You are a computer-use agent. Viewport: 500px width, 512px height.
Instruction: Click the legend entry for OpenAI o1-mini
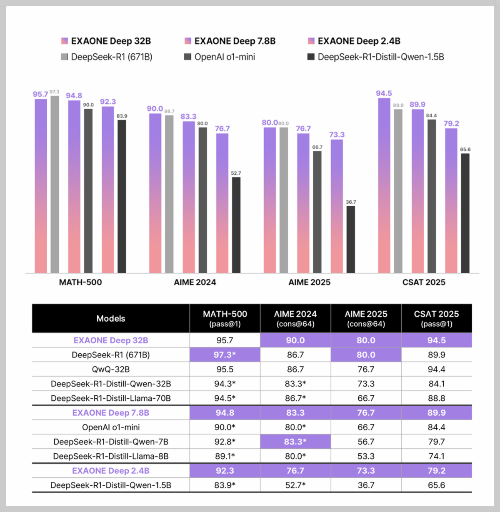click(220, 57)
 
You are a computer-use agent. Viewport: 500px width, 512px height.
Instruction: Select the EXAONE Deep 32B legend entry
click(106, 41)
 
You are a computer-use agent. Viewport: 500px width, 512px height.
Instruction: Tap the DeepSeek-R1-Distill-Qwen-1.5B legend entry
click(375, 57)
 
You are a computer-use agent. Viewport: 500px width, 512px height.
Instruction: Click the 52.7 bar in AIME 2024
click(236, 225)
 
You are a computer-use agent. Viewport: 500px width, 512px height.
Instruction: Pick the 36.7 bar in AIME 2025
click(350, 240)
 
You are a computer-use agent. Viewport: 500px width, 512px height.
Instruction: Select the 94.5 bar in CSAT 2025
click(384, 185)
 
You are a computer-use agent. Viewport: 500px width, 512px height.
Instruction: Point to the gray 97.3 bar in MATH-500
click(55, 185)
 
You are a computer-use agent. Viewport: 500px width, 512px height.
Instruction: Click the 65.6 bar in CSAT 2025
click(465, 213)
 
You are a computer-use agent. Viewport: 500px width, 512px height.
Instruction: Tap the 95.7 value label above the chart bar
click(40, 94)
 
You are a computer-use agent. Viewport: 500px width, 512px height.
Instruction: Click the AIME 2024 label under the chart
click(195, 282)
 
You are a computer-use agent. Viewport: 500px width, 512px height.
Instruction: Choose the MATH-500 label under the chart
click(80, 282)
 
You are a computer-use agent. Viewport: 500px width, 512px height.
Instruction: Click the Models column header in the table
click(111, 319)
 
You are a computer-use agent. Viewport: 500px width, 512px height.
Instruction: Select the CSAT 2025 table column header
click(436, 318)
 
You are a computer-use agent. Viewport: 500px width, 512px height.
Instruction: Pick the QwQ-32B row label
click(111, 370)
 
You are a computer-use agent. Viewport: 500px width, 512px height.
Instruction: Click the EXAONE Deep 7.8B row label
click(111, 413)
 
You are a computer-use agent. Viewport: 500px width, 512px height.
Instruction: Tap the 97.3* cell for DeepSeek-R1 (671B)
click(225, 355)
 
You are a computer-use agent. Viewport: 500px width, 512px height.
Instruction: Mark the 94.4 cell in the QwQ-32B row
click(437, 370)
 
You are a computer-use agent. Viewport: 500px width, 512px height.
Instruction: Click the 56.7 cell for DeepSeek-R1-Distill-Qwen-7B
click(366, 442)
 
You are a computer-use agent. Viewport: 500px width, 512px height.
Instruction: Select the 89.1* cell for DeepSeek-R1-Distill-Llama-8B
click(225, 456)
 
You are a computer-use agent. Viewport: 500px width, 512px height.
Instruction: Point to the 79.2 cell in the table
click(437, 471)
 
